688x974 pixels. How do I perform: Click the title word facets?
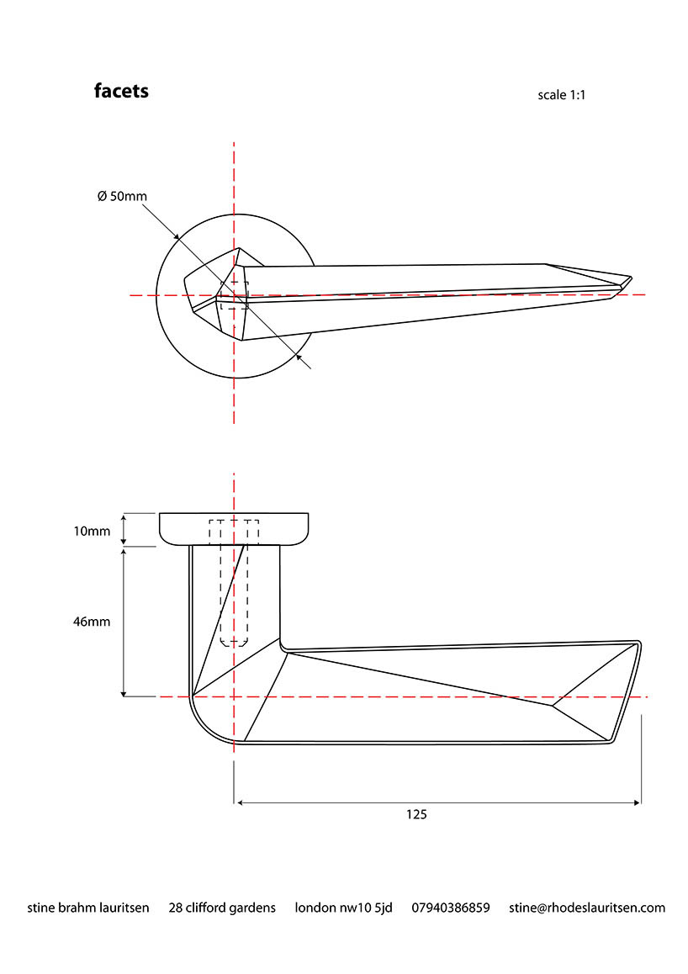pos(121,91)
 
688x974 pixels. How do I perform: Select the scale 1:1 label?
pos(561,95)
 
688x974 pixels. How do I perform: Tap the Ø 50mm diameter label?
pos(122,196)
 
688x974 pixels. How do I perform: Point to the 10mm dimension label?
pos(93,531)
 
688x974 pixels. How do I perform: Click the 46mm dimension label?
pos(93,621)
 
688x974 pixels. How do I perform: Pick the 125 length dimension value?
pos(416,814)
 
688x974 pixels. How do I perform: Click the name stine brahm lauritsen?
pos(88,908)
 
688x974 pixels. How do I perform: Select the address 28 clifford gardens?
pos(222,908)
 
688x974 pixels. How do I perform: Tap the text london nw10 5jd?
pos(343,908)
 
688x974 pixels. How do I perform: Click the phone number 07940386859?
pos(450,908)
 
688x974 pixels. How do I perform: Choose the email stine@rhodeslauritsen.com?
pos(587,908)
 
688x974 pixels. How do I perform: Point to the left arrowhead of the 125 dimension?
pos(239,802)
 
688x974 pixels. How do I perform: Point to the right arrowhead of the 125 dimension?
pos(637,802)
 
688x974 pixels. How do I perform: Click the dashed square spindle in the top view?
pos(234,295)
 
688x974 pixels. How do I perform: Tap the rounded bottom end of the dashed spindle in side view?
pos(234,643)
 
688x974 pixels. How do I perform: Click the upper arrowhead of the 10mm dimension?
pos(124,516)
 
